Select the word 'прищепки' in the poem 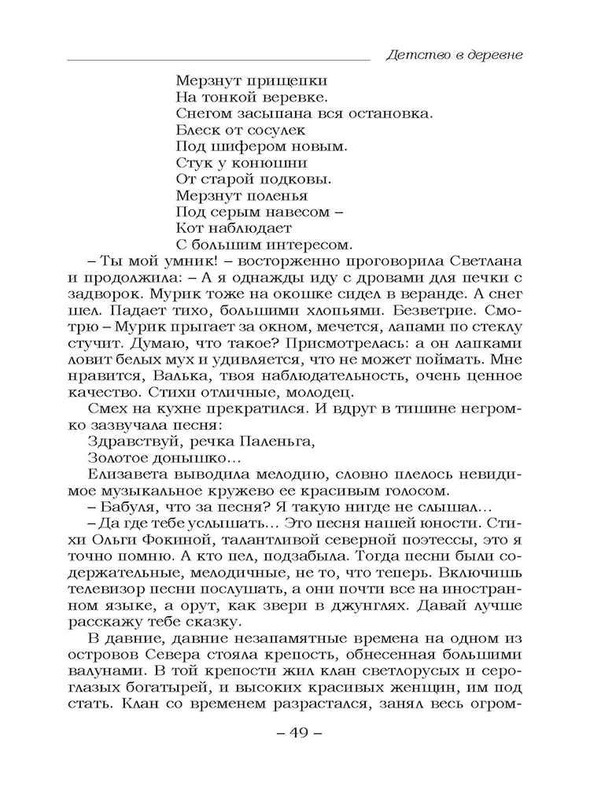point(271,79)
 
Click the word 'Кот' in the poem point(188,228)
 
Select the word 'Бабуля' point(126,508)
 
